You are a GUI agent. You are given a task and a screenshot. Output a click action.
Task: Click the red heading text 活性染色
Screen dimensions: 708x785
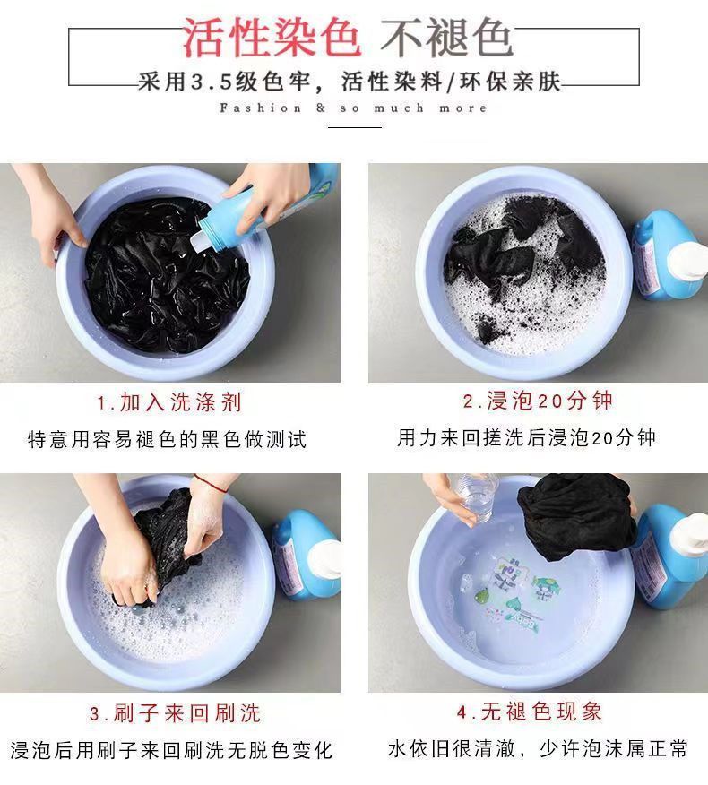coord(272,38)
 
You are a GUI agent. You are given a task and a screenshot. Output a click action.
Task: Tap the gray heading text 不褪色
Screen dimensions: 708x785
coord(447,38)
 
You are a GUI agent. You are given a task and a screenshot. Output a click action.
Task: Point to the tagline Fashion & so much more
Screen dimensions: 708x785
coord(353,108)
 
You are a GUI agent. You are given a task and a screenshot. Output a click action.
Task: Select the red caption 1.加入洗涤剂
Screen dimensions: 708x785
coord(169,402)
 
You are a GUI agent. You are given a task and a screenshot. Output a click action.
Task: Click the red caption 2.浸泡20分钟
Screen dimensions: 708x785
coord(538,401)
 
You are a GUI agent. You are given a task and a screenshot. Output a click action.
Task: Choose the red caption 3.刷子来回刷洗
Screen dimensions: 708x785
coord(176,713)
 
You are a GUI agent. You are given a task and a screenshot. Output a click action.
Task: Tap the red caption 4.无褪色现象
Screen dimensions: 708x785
coord(530,712)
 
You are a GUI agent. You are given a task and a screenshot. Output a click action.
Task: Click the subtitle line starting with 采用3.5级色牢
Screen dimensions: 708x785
coord(350,82)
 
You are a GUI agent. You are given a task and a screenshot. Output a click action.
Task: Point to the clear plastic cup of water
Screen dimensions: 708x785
coord(477,497)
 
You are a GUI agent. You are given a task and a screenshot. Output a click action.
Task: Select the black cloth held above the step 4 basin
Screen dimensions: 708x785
coord(577,515)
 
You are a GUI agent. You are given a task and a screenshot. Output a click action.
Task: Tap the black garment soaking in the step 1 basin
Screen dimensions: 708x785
coord(166,274)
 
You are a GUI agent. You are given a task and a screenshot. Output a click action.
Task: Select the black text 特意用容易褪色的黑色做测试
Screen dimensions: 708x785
coord(168,439)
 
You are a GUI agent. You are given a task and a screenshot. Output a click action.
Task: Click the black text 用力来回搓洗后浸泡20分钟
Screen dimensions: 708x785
coord(526,437)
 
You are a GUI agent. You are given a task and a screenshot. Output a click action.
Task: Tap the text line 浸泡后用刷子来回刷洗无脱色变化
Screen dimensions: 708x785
coord(171,749)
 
